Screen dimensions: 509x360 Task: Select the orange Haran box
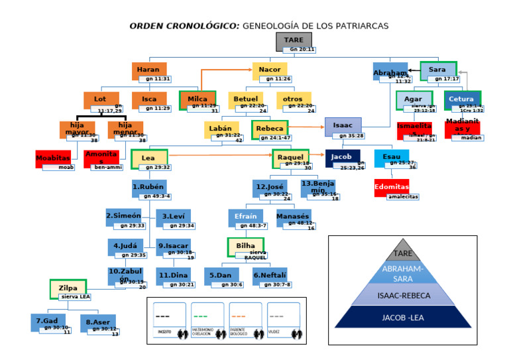[x=148, y=70]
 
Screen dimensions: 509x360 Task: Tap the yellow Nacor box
[x=269, y=70]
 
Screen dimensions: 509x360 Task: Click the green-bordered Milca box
[x=198, y=99]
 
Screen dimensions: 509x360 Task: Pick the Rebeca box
[x=269, y=128]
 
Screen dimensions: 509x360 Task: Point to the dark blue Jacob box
[x=342, y=158]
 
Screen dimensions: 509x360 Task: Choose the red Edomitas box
[x=392, y=186]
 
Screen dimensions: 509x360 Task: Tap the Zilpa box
[x=68, y=288]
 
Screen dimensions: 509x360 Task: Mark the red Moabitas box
[x=52, y=158]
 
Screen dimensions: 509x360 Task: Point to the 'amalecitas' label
[x=404, y=196]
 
